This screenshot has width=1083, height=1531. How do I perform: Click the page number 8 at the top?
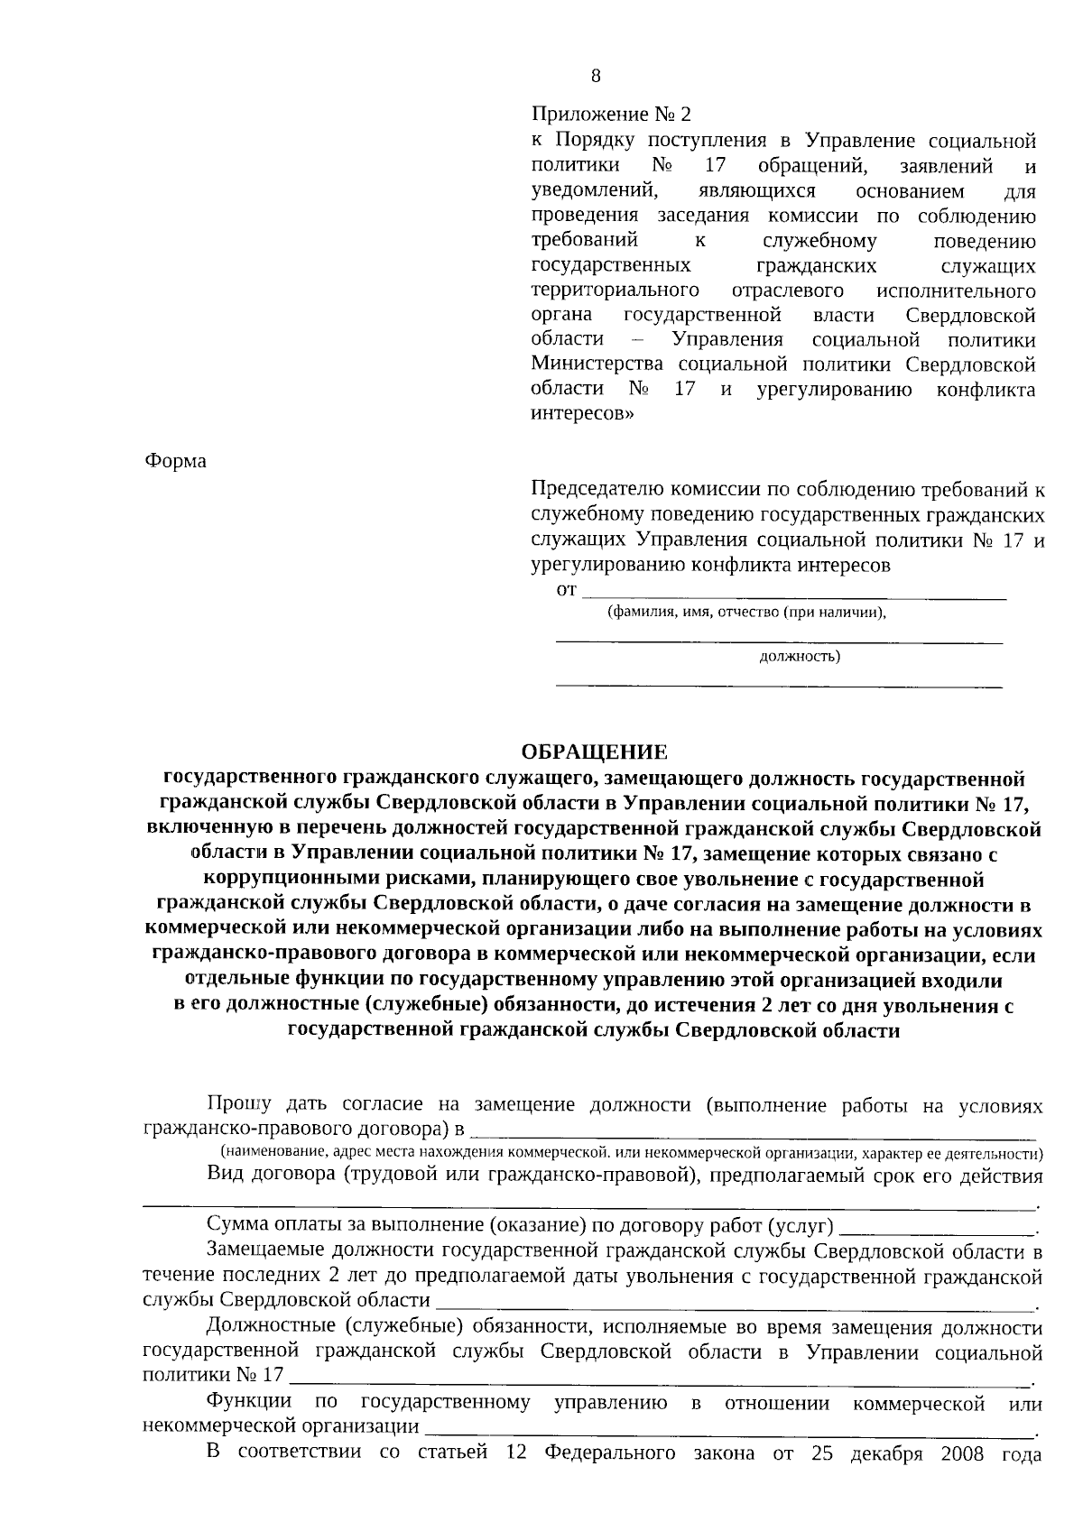(596, 77)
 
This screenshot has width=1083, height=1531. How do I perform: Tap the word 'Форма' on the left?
(175, 461)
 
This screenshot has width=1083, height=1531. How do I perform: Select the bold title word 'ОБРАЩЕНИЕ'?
(596, 752)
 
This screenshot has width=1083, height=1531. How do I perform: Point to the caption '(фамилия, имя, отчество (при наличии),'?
(745, 612)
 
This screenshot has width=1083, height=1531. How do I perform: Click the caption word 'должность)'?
(800, 656)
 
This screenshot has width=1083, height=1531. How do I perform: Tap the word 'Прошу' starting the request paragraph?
(239, 1105)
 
